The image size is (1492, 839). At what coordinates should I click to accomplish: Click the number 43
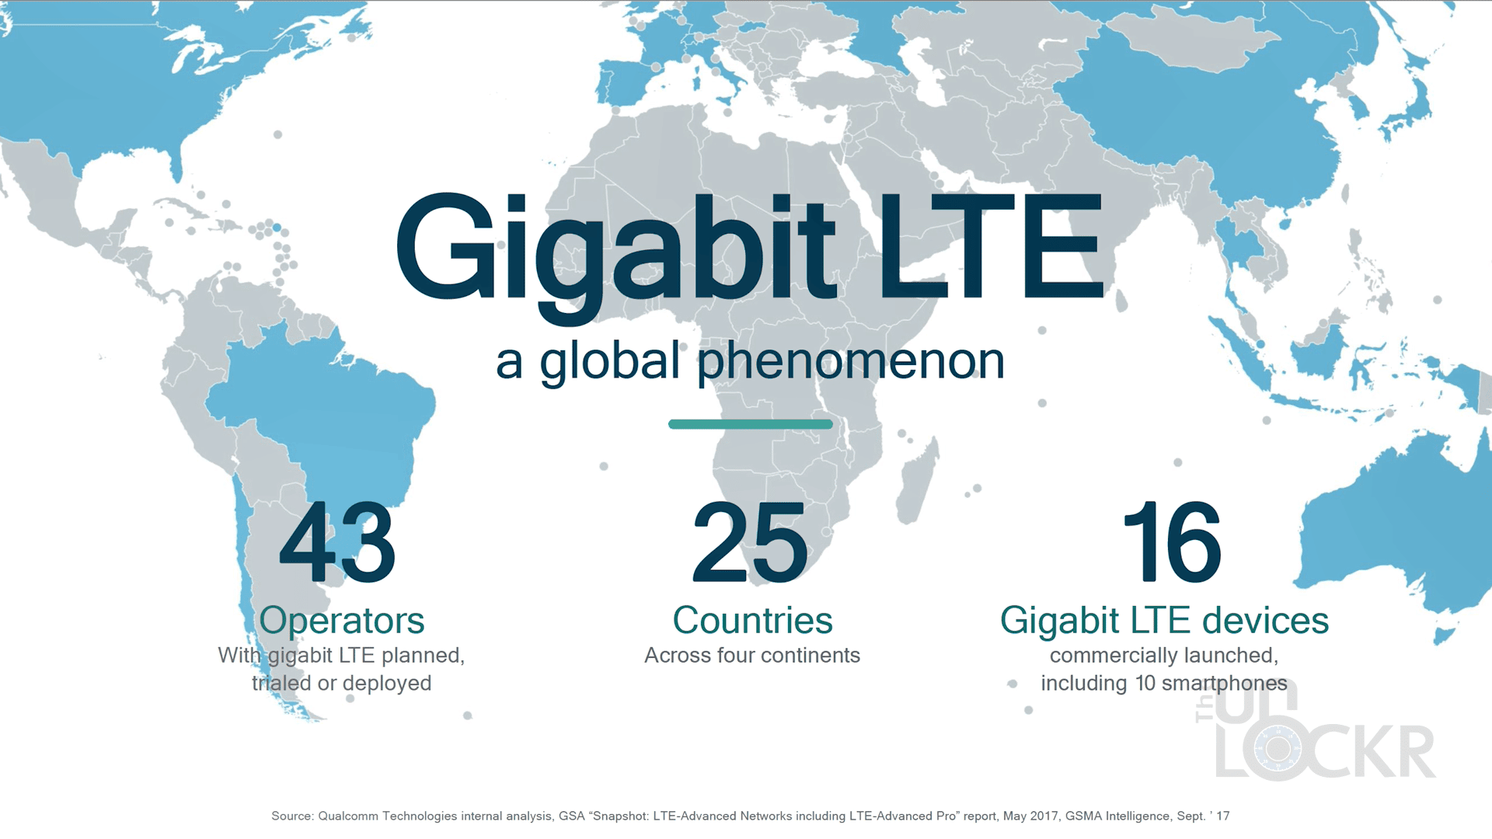click(338, 542)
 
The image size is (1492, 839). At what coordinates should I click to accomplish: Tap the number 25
click(751, 542)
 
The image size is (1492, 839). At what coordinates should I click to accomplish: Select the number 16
click(1173, 542)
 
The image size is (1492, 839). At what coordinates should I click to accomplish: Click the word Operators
click(342, 621)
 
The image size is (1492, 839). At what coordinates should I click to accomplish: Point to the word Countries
click(752, 620)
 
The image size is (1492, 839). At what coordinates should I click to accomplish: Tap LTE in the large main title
click(991, 246)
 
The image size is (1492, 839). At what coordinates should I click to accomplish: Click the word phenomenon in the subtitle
click(851, 362)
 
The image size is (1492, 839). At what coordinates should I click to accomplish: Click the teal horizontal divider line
click(751, 424)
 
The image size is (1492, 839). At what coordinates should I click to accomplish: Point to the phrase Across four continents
click(752, 656)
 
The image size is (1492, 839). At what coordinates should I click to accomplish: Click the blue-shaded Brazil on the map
click(326, 419)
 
